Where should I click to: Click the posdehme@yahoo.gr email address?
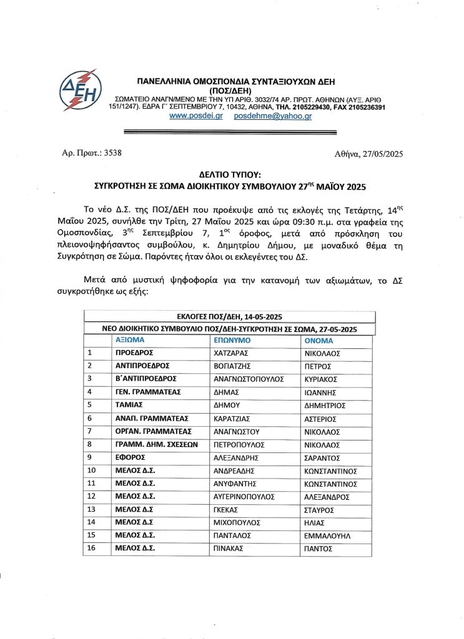coord(272,117)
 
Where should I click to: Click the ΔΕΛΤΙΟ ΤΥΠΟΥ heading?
coord(231,176)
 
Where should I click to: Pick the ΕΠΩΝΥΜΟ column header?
coord(232,341)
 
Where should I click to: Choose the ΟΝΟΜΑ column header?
coord(318,341)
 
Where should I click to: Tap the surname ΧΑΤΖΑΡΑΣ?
coord(233,353)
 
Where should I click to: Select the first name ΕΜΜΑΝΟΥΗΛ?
coord(328,535)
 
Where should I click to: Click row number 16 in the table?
coord(92,549)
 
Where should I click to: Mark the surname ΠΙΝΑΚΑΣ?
coord(230,549)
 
